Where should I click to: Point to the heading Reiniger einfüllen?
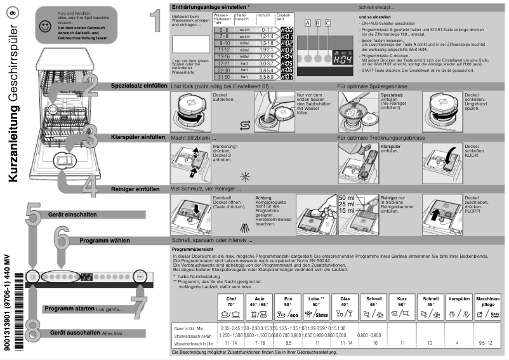(x=135, y=189)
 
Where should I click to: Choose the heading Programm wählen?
(x=104, y=241)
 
